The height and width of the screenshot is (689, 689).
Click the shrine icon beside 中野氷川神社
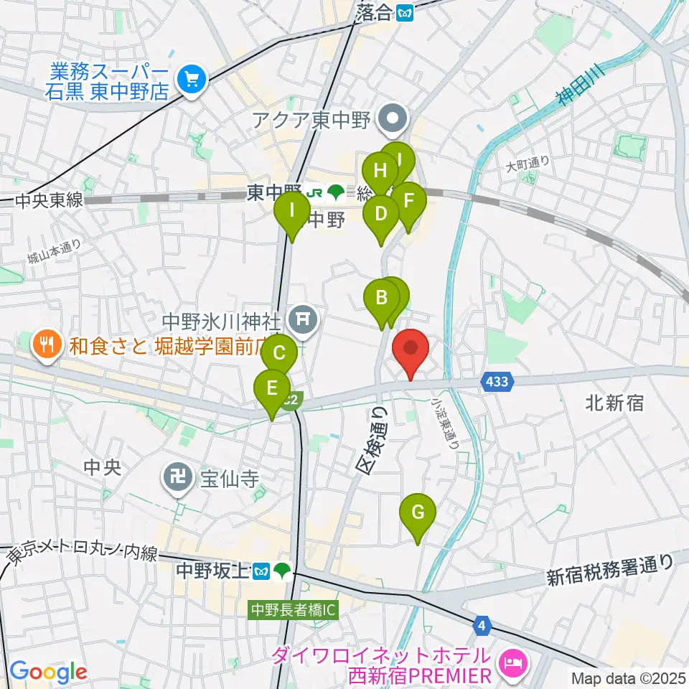point(303,317)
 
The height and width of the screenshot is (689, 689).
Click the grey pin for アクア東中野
point(393,119)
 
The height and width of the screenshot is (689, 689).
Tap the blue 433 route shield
point(497,383)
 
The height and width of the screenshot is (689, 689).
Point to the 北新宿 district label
point(614,403)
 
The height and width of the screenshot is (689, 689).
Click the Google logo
point(47,672)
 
